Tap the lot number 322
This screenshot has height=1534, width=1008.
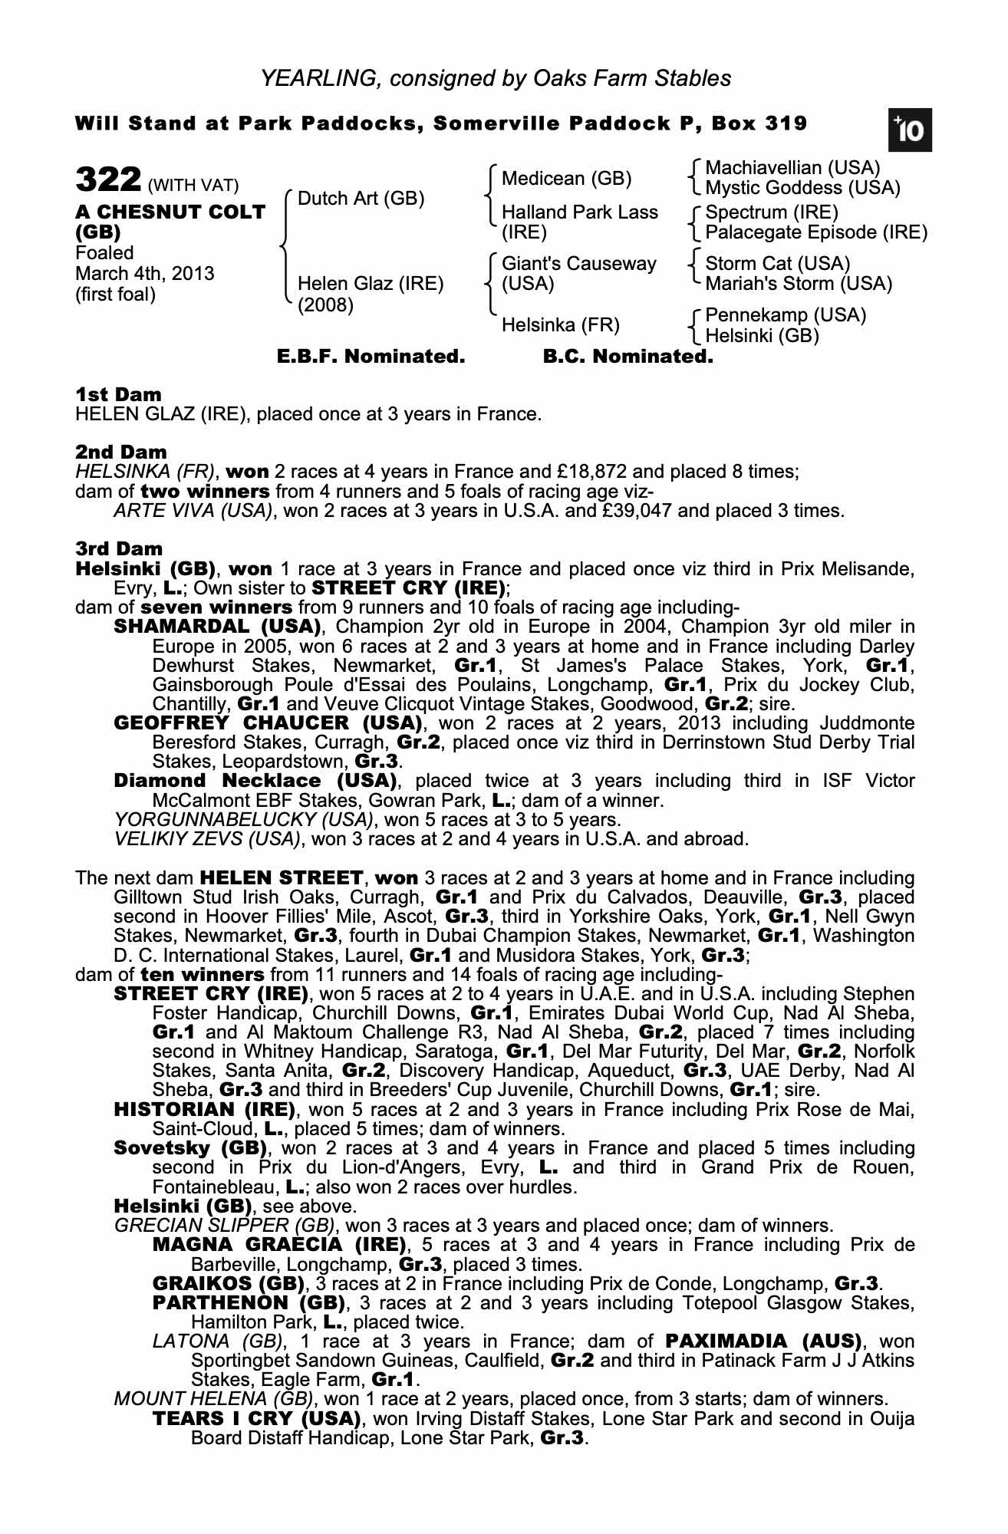107,181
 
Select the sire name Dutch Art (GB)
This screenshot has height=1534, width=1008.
361,199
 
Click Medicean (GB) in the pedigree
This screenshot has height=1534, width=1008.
566,179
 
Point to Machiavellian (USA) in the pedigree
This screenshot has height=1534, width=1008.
792,168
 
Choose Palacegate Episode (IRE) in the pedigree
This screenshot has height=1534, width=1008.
816,232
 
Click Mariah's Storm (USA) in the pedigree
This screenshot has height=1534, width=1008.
799,284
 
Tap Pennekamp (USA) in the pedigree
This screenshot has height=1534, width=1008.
786,315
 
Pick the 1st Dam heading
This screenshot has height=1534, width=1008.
118,394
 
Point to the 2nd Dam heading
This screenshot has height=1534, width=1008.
120,452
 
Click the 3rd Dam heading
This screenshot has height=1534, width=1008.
119,548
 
